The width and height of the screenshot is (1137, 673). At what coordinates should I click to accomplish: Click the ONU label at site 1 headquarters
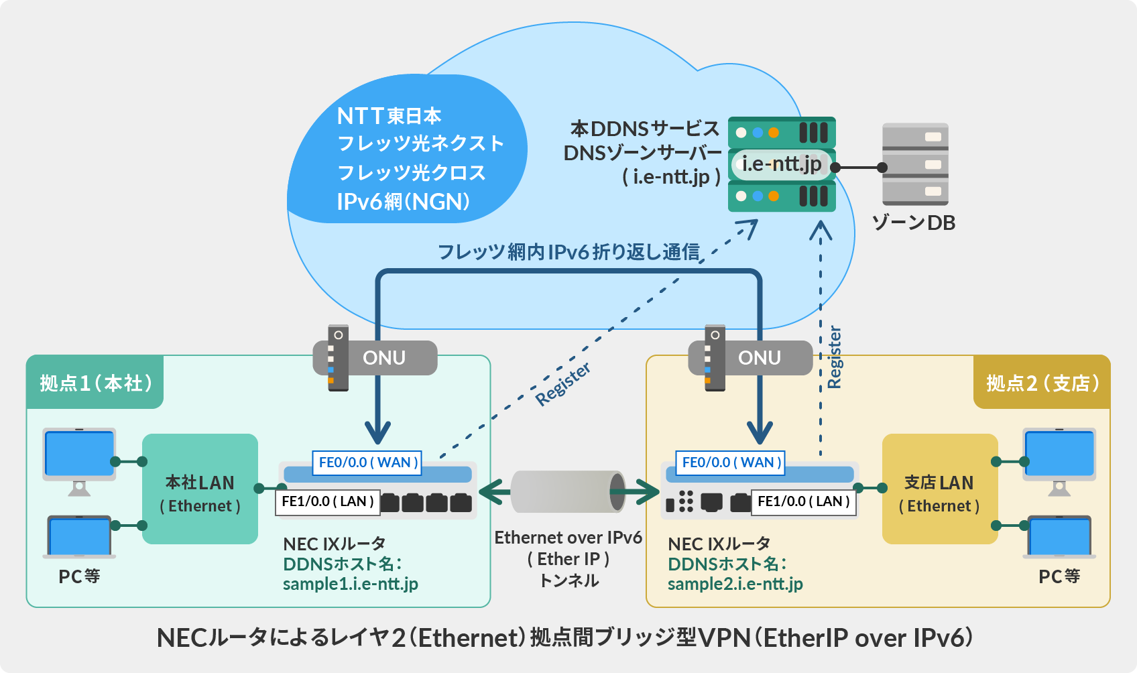tap(383, 358)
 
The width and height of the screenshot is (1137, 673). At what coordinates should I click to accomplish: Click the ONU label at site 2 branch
tap(759, 358)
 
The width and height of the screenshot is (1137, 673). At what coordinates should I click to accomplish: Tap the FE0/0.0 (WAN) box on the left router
tap(367, 463)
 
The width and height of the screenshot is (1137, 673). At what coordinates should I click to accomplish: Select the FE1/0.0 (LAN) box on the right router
tap(803, 501)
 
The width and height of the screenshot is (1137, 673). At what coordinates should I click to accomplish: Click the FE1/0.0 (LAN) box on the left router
tap(327, 501)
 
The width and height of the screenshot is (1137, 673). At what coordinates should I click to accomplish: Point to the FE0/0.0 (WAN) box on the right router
tap(731, 463)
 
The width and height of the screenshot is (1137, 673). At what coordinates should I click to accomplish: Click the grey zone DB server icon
tap(915, 164)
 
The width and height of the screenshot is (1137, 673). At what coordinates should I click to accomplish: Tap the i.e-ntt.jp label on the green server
tap(782, 164)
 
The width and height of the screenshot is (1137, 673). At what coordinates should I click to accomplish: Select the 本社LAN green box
tap(200, 489)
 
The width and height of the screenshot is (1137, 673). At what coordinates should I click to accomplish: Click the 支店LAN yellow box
tap(939, 489)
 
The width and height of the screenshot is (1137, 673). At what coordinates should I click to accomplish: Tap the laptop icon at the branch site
tap(1059, 536)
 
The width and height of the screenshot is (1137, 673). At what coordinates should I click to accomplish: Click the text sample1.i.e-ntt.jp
tap(350, 584)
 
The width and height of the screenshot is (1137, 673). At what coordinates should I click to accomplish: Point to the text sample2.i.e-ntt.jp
tap(735, 584)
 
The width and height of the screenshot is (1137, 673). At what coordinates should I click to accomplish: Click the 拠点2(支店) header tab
tap(1042, 383)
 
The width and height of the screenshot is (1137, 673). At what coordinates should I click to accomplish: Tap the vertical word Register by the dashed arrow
tap(835, 357)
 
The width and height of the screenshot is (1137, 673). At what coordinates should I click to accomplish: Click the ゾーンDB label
tap(914, 223)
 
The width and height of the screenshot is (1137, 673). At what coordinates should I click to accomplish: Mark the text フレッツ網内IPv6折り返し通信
tap(568, 252)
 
